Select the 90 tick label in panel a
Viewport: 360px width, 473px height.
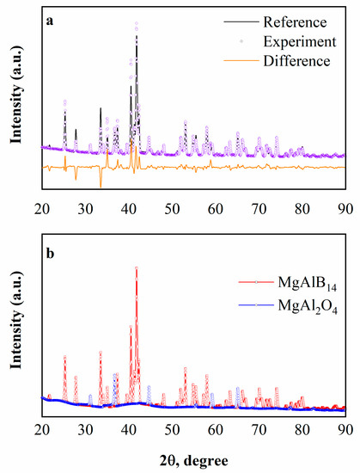coord(345,207)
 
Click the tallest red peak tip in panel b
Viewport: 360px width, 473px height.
coord(136,267)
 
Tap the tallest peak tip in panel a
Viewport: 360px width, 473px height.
coord(136,23)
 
